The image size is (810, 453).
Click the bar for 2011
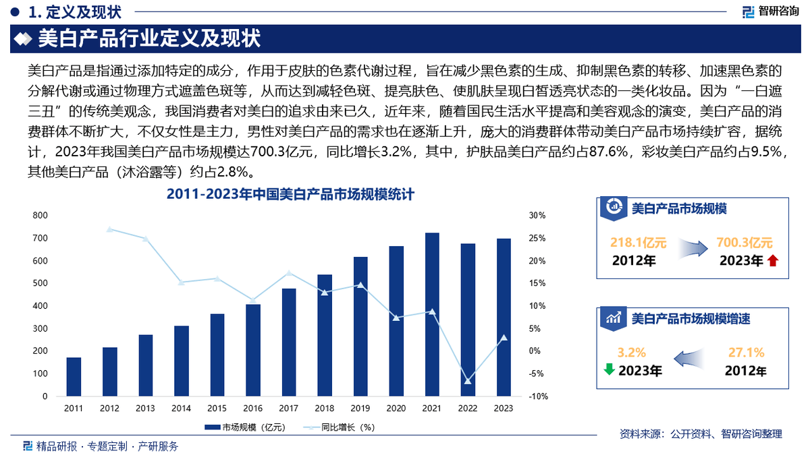(74, 377)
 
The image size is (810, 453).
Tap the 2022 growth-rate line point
(468, 382)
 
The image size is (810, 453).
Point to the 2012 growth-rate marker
(109, 229)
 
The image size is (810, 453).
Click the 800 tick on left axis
(40, 216)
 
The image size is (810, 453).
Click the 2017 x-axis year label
(288, 409)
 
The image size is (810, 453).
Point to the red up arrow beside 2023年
(773, 261)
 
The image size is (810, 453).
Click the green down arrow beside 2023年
(608, 369)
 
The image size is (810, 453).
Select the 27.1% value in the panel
(746, 352)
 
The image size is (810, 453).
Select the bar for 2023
(504, 318)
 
